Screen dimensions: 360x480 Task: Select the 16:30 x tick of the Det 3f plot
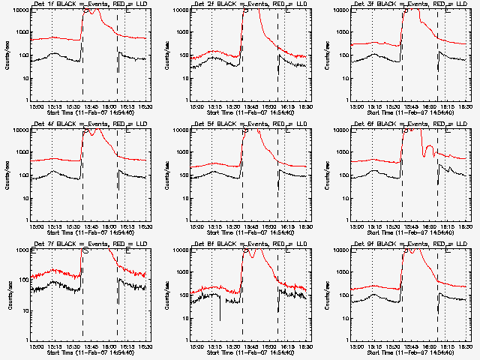[x=466, y=106]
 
